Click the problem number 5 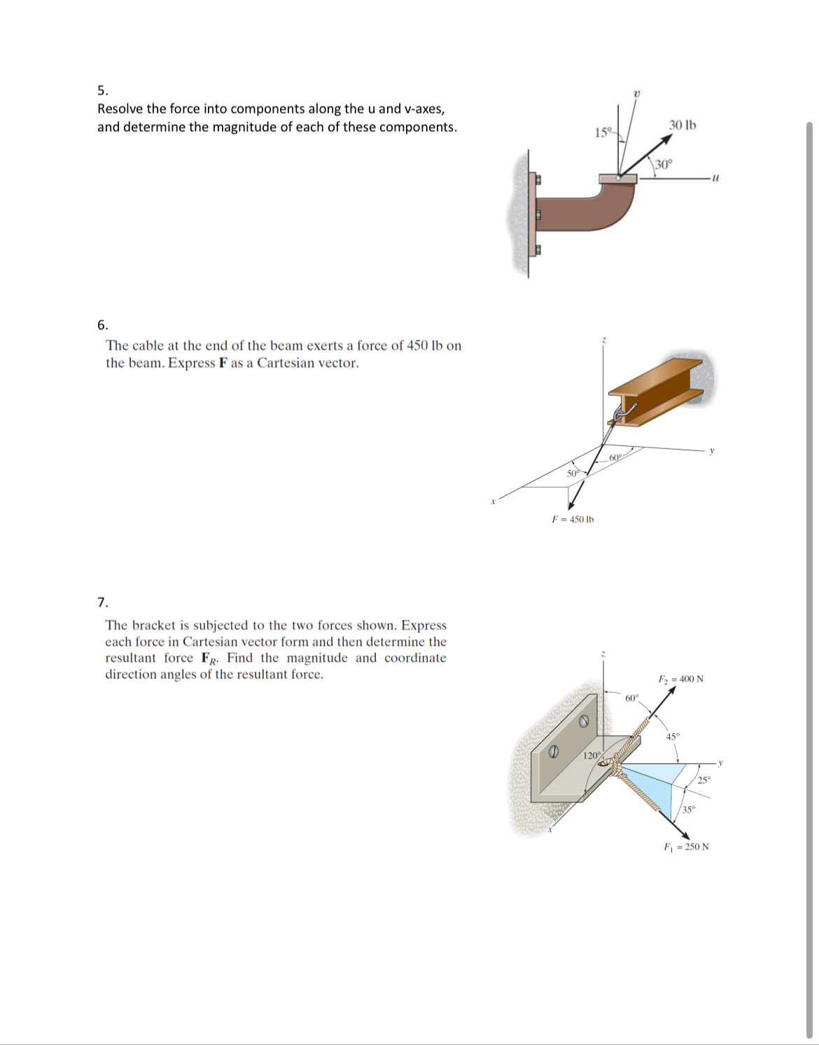pyautogui.click(x=102, y=90)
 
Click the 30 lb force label pyautogui.click(x=682, y=125)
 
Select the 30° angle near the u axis pyautogui.click(x=664, y=165)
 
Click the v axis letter pyautogui.click(x=636, y=93)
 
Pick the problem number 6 pyautogui.click(x=102, y=325)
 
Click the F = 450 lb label pyautogui.click(x=573, y=520)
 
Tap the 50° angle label pyautogui.click(x=573, y=473)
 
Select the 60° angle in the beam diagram pyautogui.click(x=615, y=457)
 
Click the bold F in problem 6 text pyautogui.click(x=223, y=364)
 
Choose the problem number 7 pyautogui.click(x=102, y=602)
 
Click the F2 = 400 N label pyautogui.click(x=680, y=679)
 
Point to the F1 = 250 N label pyautogui.click(x=686, y=847)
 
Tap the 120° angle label pyautogui.click(x=591, y=756)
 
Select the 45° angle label pyautogui.click(x=672, y=737)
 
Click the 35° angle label pyautogui.click(x=689, y=810)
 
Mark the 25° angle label pyautogui.click(x=703, y=780)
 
